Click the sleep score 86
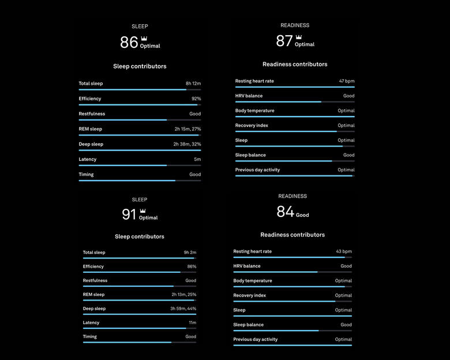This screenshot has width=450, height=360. coord(129,42)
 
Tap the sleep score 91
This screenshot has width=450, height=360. coord(129,215)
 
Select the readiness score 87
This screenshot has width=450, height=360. coord(284,41)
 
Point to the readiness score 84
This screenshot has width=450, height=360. coord(285,212)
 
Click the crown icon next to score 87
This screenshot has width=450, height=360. coord(298,37)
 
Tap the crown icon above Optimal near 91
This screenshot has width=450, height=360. coord(142,211)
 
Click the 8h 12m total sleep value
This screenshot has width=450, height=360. coord(193,84)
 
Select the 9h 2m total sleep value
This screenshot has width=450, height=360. coord(190,253)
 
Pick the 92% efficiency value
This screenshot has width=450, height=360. coord(196,99)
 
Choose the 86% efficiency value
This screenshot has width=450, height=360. coord(192,267)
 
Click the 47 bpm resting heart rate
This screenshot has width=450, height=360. coord(346,81)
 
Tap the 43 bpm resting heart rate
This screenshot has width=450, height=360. coord(344,252)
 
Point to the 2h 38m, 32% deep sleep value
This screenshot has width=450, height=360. coord(187,144)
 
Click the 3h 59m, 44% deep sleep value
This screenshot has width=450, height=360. coord(183,309)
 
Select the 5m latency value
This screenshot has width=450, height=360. coord(197,159)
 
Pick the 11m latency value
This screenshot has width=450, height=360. coord(192,322)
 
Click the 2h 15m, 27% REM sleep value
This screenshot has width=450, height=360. coord(187,129)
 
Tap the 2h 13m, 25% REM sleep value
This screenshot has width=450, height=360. coord(183,295)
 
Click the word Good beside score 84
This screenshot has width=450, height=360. coord(302,215)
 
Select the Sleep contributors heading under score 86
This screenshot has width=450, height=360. coord(140,66)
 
